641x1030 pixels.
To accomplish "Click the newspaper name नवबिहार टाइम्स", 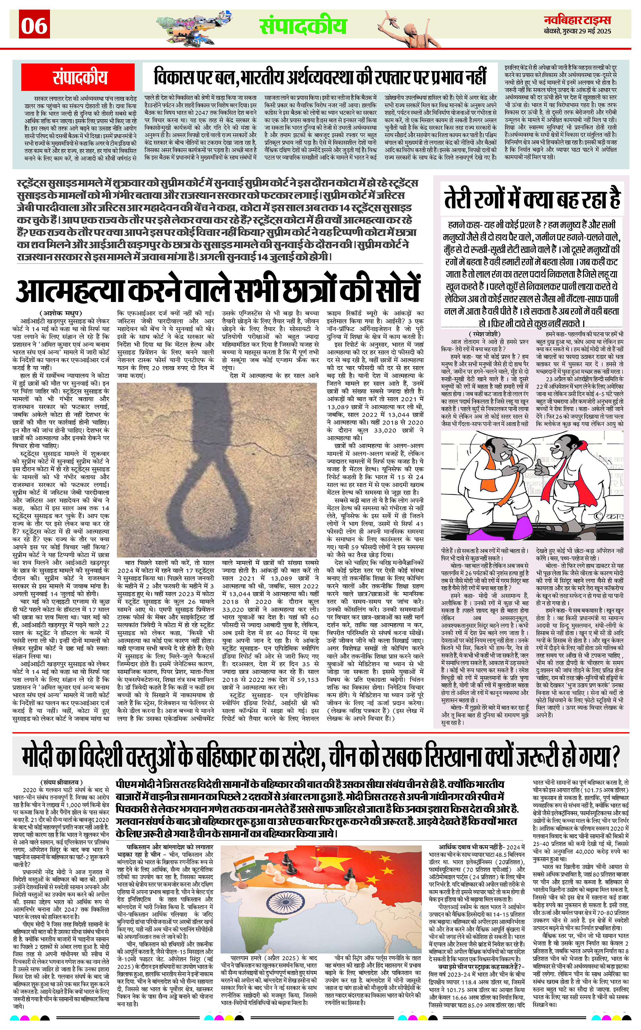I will click(578, 20).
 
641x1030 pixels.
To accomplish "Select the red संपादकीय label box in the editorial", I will click(80, 77).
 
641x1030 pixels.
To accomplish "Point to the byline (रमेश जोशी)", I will click(485, 334).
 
